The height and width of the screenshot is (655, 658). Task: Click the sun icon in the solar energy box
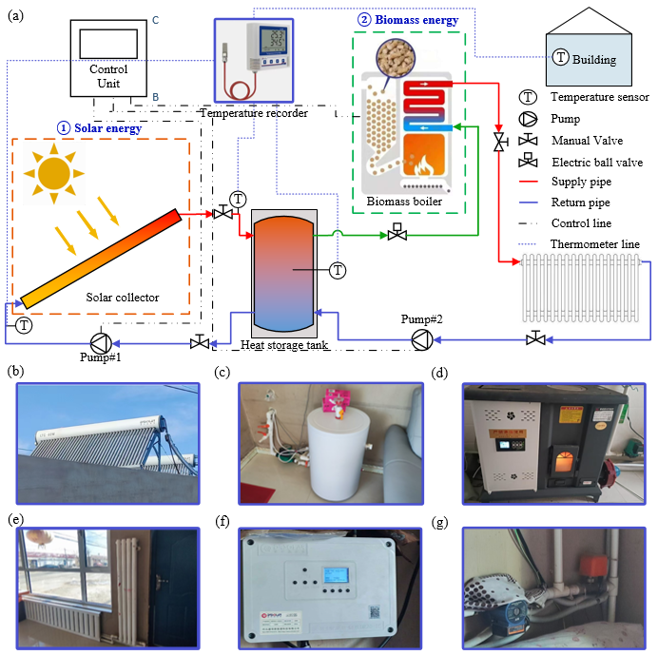54,176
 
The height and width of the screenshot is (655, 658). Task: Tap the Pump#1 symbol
99,341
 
